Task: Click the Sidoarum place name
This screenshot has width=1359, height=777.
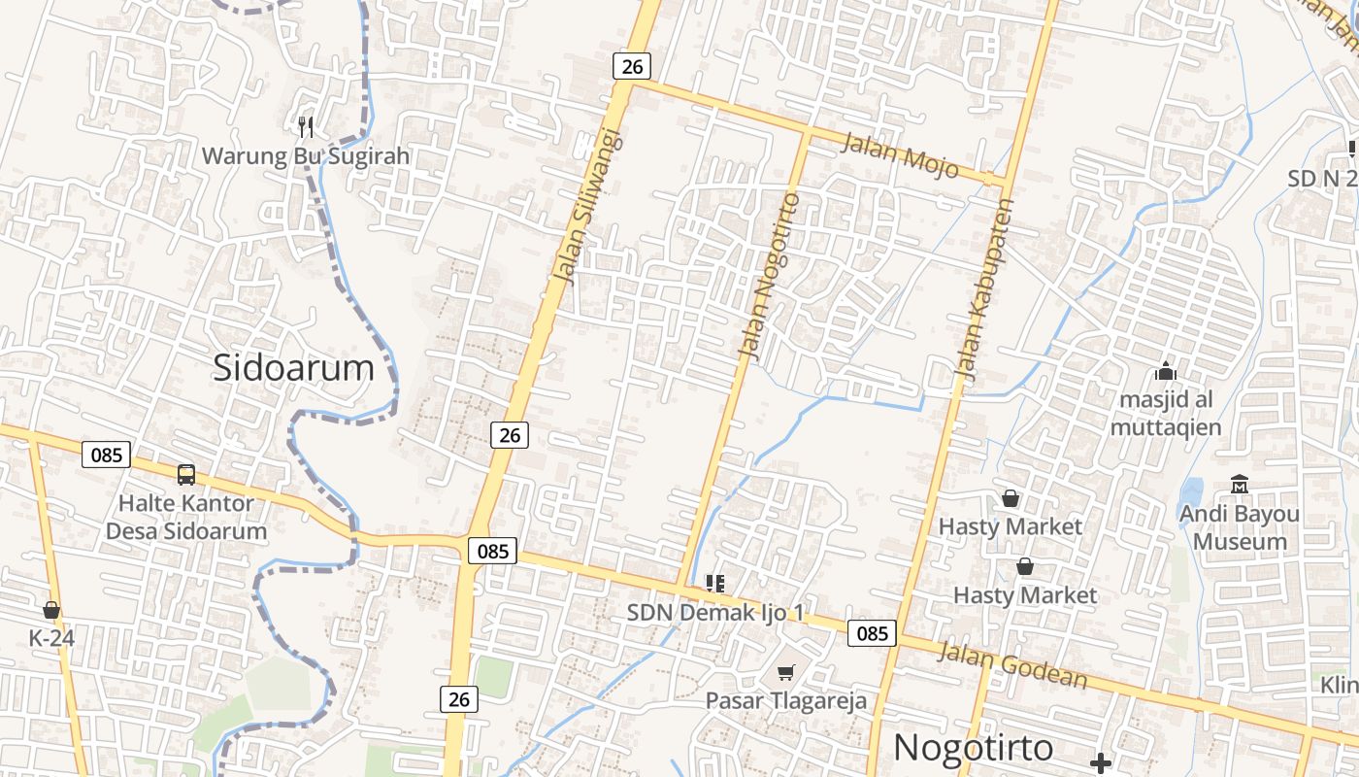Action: (x=293, y=368)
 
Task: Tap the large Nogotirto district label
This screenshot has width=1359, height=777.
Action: (x=973, y=747)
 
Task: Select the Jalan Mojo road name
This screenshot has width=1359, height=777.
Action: (x=900, y=155)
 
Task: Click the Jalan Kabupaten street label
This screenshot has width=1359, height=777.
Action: (x=984, y=288)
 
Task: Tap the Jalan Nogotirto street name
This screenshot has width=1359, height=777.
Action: (x=770, y=276)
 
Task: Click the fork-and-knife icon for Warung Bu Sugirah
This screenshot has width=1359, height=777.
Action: (x=306, y=126)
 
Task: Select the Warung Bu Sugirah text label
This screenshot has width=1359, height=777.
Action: (x=306, y=155)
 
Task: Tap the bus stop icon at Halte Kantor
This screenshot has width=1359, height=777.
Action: (x=186, y=475)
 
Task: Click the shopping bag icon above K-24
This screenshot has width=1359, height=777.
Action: (x=51, y=610)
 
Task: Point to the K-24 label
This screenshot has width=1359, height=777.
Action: (x=51, y=638)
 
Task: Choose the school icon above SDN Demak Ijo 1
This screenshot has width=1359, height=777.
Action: (x=715, y=584)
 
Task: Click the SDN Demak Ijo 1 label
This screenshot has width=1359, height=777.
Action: (x=715, y=613)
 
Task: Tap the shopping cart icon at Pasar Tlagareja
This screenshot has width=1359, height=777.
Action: (x=786, y=672)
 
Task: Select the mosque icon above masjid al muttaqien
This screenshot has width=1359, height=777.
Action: (x=1166, y=371)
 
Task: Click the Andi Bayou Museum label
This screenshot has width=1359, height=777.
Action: (x=1240, y=527)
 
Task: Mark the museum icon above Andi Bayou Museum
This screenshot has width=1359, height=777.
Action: (x=1240, y=484)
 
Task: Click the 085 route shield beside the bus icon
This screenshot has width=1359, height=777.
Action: (x=106, y=454)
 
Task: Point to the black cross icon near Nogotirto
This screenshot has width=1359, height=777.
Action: (x=1101, y=763)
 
